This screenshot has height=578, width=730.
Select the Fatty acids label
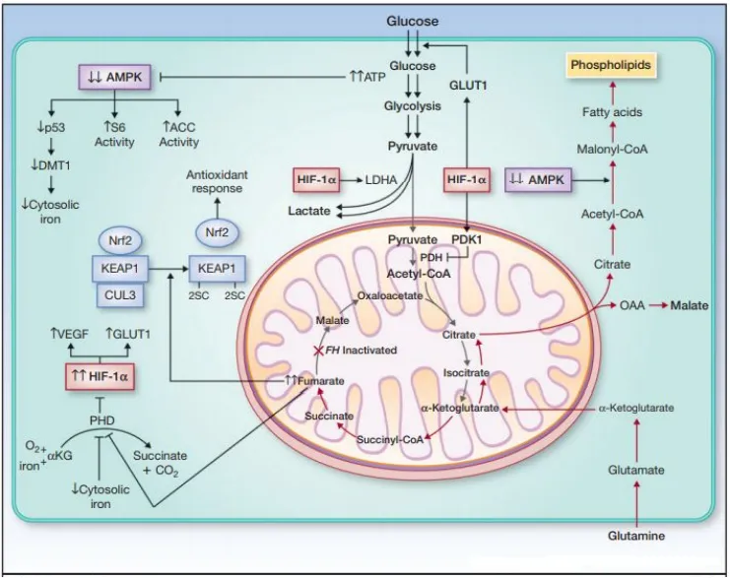[x=613, y=112]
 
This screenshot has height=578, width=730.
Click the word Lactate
[x=309, y=211]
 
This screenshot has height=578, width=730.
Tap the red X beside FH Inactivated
[x=317, y=351]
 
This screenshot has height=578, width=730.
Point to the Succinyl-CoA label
[x=390, y=439]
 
